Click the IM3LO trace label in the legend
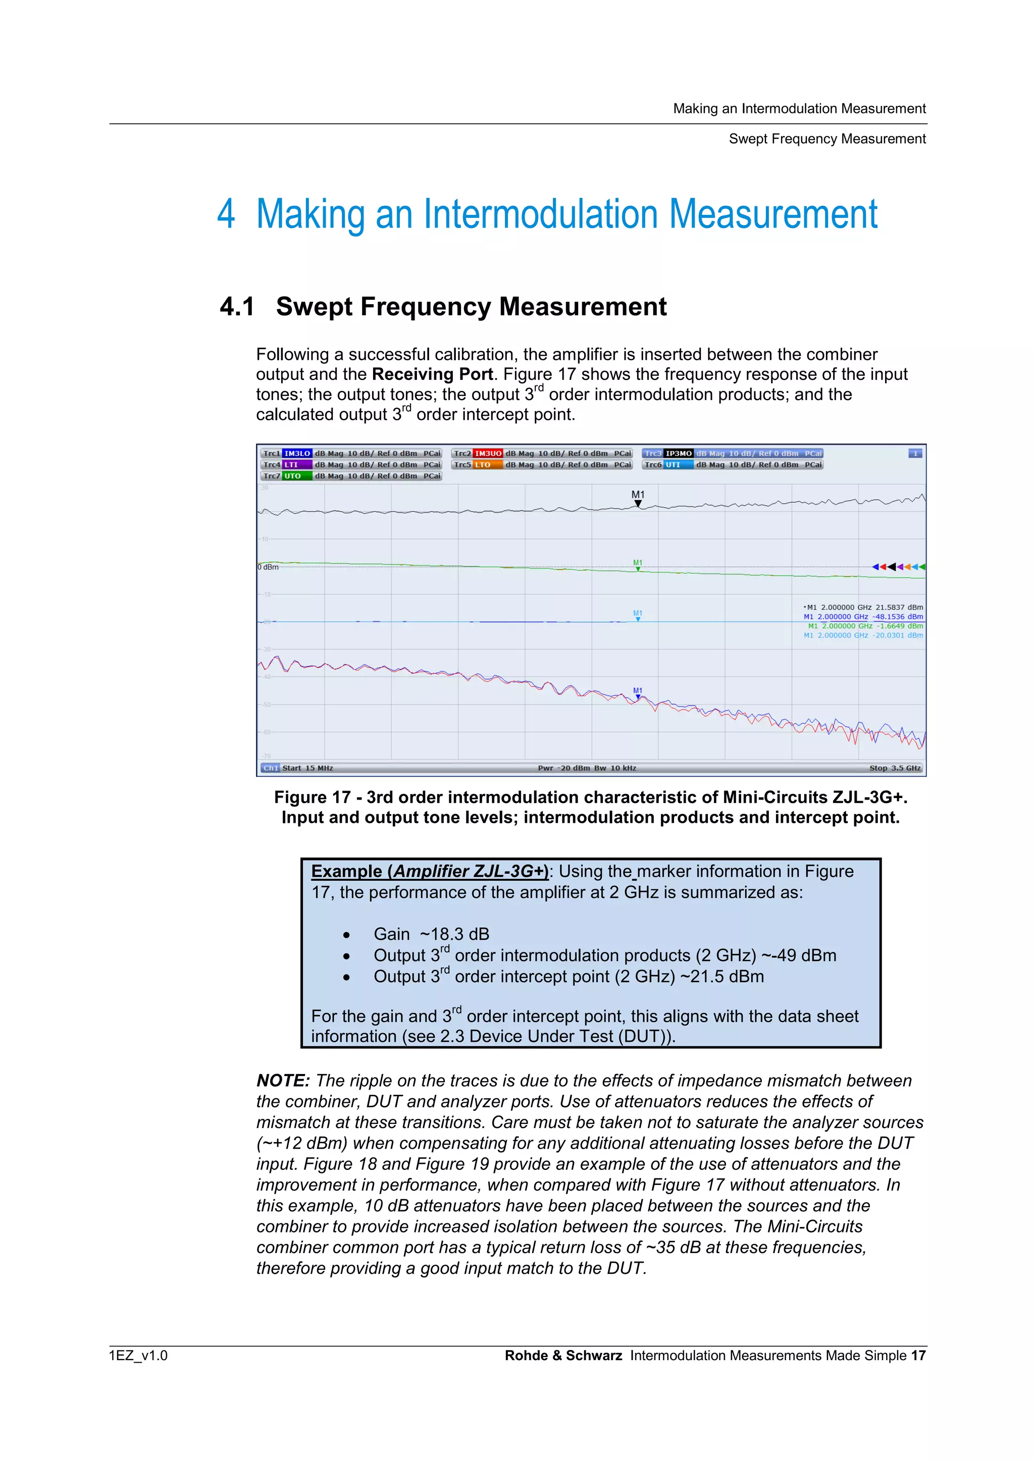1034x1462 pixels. tap(297, 454)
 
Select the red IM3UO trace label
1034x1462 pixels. tap(488, 454)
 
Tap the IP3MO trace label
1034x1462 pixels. tap(679, 454)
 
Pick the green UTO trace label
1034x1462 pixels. tap(293, 476)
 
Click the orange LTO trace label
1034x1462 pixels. tap(484, 465)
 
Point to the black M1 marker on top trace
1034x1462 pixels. tap(638, 503)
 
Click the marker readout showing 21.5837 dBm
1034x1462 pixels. tap(863, 607)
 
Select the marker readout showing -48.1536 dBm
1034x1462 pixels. tap(863, 616)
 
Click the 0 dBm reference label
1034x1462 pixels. tap(268, 567)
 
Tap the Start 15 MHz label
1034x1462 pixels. tap(307, 768)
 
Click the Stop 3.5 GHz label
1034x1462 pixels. tap(895, 768)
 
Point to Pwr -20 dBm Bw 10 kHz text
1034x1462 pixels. tap(587, 768)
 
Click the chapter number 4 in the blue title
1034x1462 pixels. tap(226, 214)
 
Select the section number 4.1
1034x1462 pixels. tap(237, 307)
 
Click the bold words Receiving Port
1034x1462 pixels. tap(432, 374)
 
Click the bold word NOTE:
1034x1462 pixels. tap(283, 1081)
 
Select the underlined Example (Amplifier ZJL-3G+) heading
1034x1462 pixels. tap(429, 871)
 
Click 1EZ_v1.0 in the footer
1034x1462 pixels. tap(138, 1355)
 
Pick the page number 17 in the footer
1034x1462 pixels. tap(917, 1355)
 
